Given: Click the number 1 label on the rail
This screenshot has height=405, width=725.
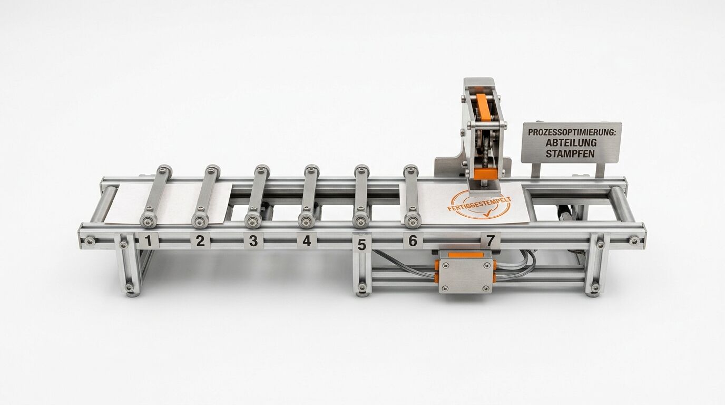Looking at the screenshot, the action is click(149, 240).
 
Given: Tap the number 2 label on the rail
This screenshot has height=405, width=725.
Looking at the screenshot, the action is click(200, 240).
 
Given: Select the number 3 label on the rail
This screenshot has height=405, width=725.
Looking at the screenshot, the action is click(253, 240).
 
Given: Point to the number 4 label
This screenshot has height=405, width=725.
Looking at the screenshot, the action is click(307, 240).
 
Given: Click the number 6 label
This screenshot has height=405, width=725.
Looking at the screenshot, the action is click(413, 240).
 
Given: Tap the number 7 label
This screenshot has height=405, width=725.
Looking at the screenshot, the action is click(491, 240).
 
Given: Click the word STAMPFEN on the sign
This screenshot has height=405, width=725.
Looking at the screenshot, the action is click(570, 153).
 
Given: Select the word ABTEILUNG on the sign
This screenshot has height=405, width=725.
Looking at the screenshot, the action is click(571, 142).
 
